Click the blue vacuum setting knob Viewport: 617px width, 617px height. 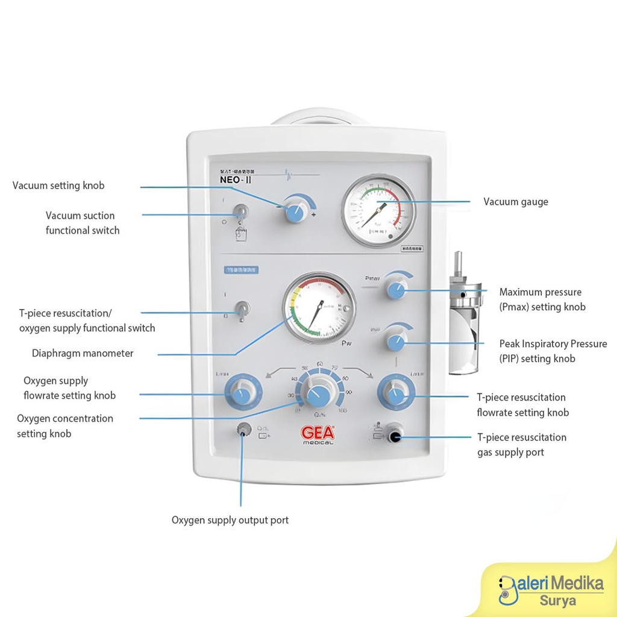295,211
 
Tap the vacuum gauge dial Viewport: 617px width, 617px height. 378,211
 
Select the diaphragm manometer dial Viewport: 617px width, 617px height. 319,307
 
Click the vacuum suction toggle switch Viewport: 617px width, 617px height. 240,211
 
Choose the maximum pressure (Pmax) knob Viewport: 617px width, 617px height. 396,290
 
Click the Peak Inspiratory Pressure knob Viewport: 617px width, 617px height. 396,342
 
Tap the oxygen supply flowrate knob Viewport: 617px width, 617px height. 241,395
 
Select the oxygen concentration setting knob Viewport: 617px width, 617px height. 317,395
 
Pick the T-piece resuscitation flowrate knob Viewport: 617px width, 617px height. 396,395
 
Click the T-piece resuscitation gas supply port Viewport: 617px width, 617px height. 395,434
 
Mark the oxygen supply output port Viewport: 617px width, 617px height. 243,430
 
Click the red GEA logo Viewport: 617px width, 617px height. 317,433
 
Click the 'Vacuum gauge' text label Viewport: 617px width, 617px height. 516,202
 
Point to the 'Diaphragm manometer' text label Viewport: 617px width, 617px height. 83,354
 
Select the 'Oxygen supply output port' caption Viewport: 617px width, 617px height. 230,520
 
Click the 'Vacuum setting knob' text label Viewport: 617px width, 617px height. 58,186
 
